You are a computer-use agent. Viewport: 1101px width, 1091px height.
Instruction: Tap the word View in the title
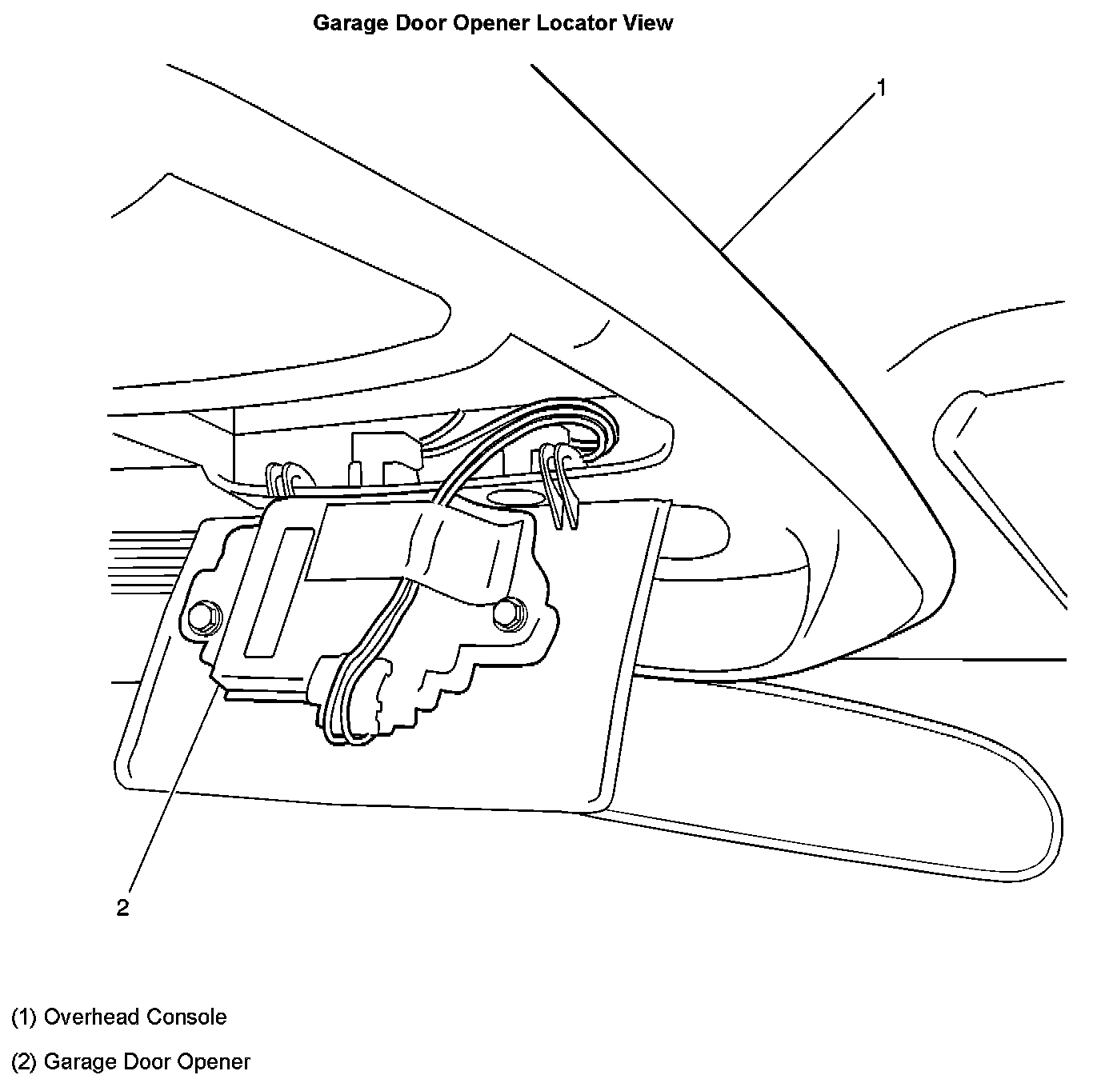point(651,23)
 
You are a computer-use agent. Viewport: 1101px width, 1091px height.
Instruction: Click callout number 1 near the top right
point(880,87)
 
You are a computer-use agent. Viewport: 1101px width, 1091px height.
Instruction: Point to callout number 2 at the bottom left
point(122,908)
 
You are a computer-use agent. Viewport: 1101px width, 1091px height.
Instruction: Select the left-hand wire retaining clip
point(282,481)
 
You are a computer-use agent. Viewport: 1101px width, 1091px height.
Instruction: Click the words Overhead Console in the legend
point(135,1017)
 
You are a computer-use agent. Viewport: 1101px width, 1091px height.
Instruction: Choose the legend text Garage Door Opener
point(147,1061)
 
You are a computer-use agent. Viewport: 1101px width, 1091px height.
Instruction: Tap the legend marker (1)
point(24,1017)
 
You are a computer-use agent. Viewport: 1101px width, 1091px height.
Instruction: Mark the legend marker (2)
point(24,1061)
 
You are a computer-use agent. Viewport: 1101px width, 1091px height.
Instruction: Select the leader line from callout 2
point(172,784)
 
